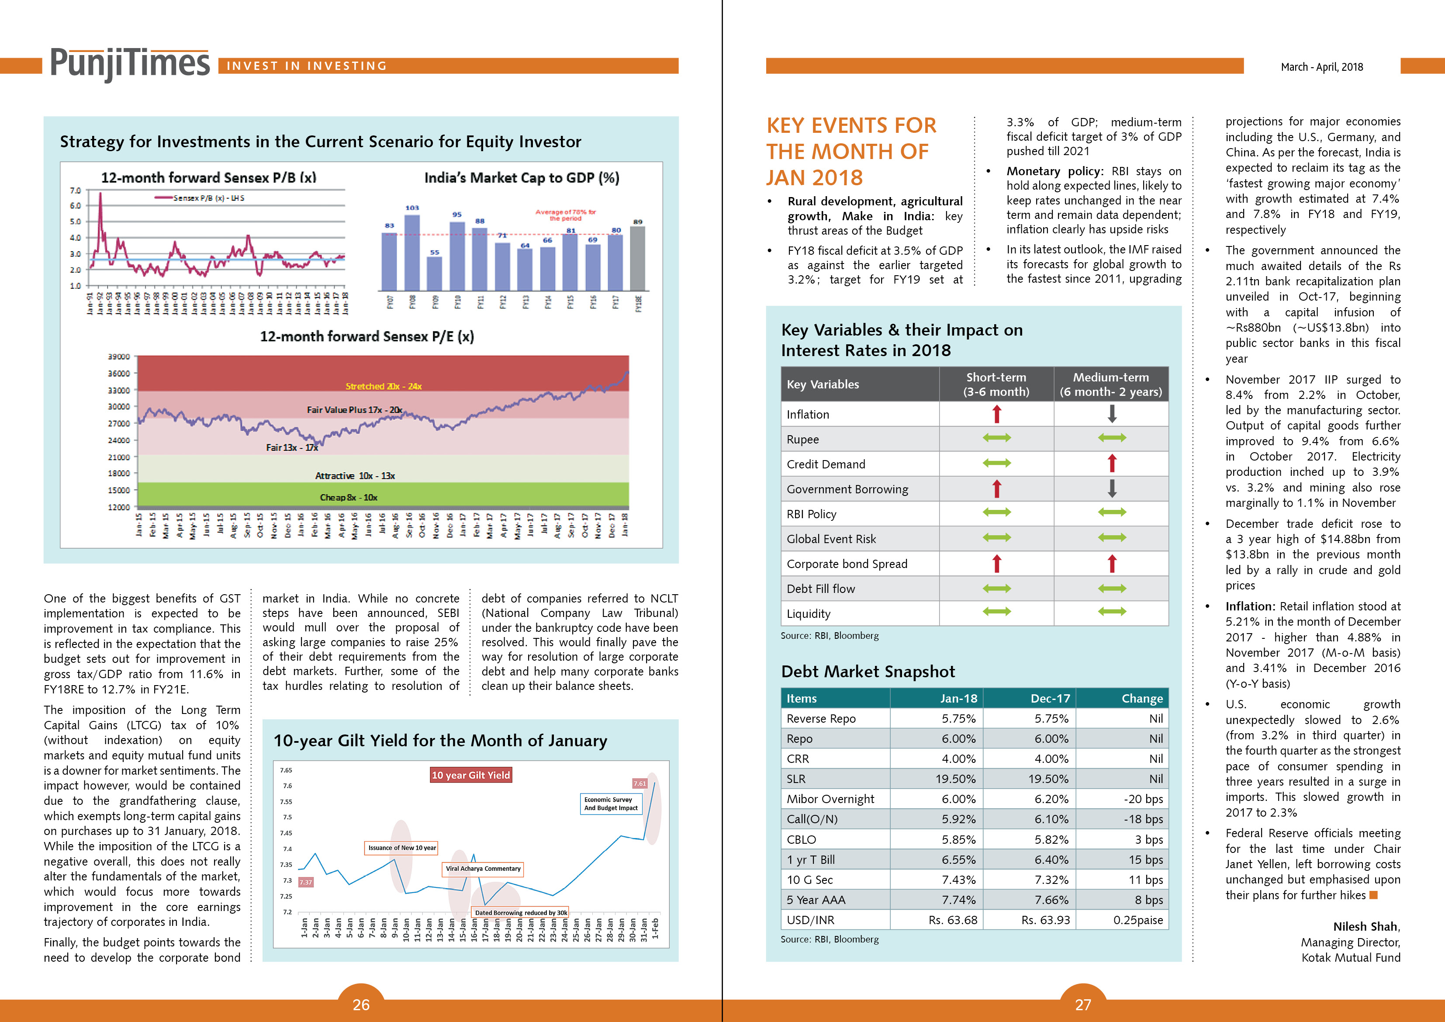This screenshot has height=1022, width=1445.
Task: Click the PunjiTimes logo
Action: (130, 64)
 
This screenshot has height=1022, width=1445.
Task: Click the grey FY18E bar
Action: (637, 258)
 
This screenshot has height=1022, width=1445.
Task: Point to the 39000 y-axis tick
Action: (118, 357)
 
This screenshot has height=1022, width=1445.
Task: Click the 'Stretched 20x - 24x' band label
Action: (383, 386)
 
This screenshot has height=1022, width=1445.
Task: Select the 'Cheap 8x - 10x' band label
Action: (348, 498)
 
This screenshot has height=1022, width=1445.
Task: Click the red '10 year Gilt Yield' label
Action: (471, 775)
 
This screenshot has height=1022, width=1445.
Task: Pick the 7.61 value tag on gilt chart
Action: (640, 783)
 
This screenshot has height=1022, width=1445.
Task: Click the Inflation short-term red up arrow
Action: (996, 414)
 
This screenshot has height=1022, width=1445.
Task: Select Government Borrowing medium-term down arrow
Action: (1112, 488)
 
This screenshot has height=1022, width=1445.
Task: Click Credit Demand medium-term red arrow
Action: (1112, 464)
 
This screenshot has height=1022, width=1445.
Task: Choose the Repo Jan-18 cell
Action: (958, 738)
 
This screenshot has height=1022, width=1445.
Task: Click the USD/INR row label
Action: (811, 920)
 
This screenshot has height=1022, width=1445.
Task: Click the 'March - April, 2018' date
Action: (1322, 67)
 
